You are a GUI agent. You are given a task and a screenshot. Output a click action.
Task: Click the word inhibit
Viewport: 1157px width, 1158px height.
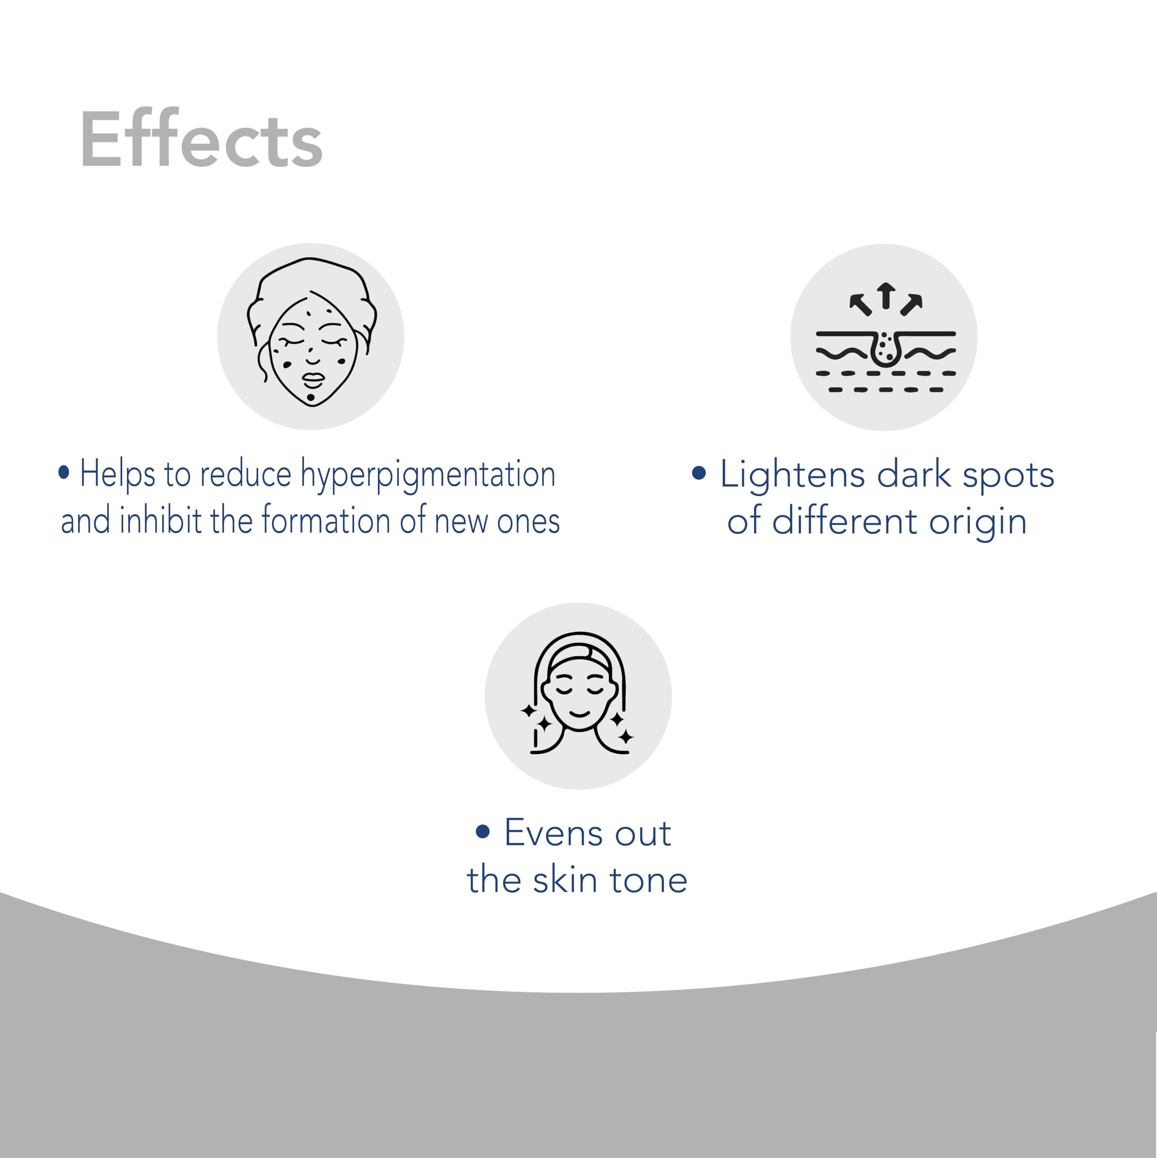pos(160,521)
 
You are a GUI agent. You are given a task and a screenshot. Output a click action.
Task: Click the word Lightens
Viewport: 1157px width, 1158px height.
pos(793,475)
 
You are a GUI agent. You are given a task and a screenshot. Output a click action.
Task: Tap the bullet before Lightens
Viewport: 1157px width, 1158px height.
pos(699,473)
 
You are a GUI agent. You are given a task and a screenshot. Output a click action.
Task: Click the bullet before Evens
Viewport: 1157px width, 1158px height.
pos(483,831)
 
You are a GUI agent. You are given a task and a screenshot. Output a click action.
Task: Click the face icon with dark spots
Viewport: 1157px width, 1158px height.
pos(310,336)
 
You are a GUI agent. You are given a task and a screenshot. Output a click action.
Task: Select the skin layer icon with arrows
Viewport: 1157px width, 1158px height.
pos(884,337)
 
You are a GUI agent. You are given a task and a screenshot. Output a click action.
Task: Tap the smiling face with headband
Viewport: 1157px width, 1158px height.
pos(578,696)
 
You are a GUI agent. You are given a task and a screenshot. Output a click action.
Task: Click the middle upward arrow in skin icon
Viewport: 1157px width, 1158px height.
pos(886,295)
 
